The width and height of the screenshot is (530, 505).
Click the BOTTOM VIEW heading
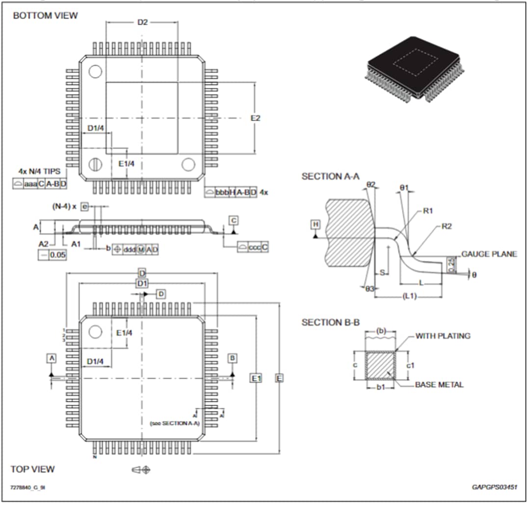[x=45, y=15]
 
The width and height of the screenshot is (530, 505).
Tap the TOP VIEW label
[x=33, y=469]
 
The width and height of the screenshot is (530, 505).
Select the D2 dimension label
[x=142, y=22]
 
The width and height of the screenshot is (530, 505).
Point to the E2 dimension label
[x=255, y=118]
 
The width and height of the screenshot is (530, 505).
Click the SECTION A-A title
[x=330, y=176]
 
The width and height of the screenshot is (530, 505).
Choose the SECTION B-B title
[x=330, y=322]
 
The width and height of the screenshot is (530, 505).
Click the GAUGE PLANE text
[x=489, y=254]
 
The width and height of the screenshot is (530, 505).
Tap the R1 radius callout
[x=428, y=211]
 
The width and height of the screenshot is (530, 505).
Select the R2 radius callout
[x=447, y=226]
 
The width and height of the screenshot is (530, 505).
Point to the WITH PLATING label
[x=443, y=336]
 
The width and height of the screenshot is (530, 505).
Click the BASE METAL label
[x=439, y=385]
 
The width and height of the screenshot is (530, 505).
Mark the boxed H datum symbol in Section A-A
[x=316, y=224]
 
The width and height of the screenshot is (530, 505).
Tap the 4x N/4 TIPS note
[x=39, y=171]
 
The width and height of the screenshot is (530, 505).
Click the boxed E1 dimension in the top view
[x=256, y=378]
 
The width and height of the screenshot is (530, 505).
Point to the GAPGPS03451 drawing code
[x=494, y=487]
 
